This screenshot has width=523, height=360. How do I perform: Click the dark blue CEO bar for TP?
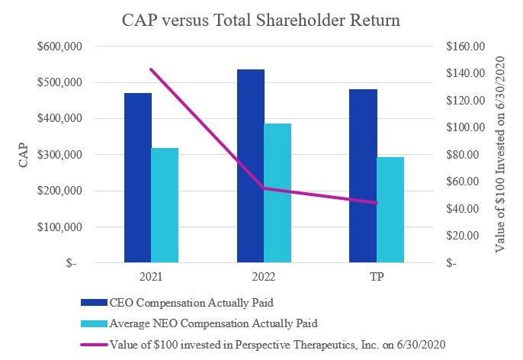363,176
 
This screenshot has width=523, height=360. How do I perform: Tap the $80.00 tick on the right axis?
467,155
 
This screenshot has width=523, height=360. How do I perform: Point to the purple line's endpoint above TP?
377,203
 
